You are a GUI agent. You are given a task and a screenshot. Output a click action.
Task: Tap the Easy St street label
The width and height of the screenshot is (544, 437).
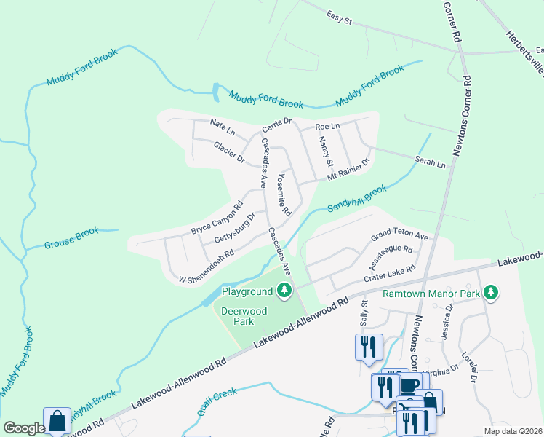coord(339,18)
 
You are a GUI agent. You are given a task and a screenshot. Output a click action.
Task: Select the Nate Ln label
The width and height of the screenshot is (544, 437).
coord(223,127)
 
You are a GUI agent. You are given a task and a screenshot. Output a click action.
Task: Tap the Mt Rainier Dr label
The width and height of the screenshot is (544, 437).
coord(348,170)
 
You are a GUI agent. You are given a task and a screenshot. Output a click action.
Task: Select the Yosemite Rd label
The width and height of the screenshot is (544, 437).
coord(284,194)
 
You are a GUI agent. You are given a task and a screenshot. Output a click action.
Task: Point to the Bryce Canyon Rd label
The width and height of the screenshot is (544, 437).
coord(216,218)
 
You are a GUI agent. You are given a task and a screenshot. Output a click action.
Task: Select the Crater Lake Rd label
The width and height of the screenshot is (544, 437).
coord(390,273)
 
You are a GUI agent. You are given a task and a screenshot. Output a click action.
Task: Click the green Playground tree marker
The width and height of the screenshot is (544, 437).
coord(284,291)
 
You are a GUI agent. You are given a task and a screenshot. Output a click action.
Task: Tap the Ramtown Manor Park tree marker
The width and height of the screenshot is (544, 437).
coord(492,292)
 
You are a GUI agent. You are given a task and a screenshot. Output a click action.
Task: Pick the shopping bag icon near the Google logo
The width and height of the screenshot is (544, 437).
coord(57,421)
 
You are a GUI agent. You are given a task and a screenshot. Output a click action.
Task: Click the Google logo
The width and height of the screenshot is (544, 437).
coord(24,428)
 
